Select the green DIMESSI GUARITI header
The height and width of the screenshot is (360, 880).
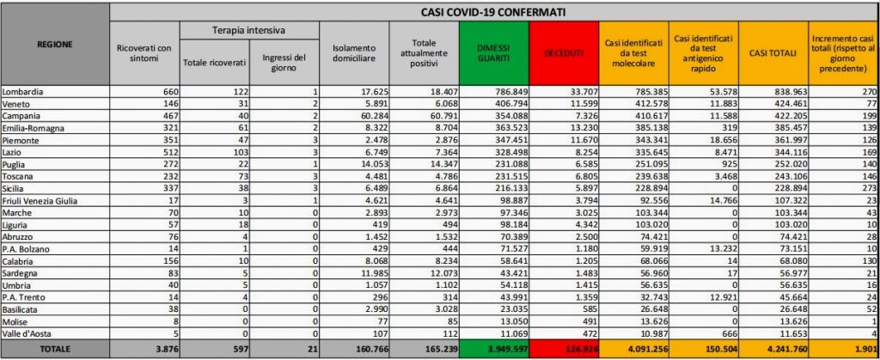[493, 53]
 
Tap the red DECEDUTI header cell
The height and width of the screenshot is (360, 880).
[564, 53]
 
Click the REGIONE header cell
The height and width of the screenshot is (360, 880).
[56, 43]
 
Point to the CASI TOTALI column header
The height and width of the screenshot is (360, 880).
[774, 53]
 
